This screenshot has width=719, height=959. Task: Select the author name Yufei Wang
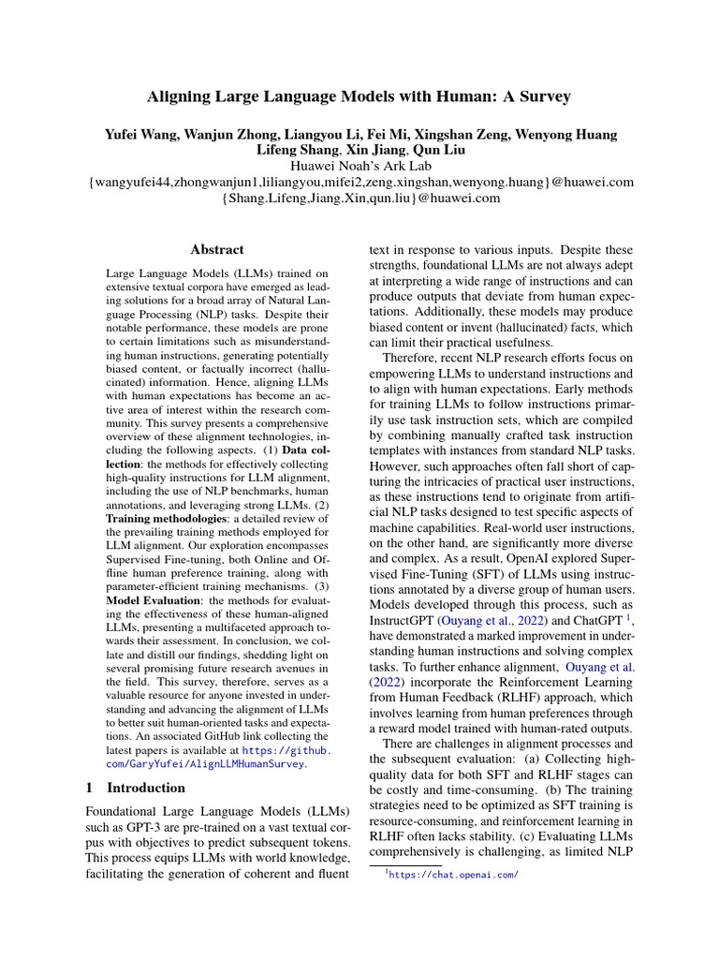point(143,135)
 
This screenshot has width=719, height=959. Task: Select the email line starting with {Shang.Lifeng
point(359,198)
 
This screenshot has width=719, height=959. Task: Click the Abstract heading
point(217,250)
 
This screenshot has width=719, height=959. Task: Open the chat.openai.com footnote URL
point(452,875)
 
